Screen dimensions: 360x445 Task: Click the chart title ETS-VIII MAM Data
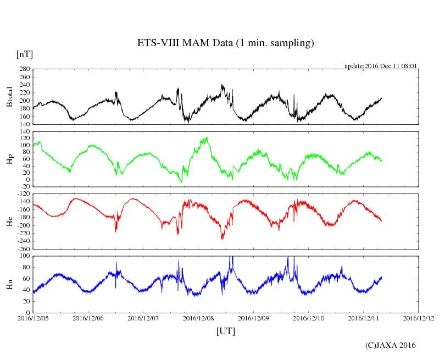tap(225, 43)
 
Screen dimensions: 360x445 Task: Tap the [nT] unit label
tap(25, 54)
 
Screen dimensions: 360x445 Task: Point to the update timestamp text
tap(381, 66)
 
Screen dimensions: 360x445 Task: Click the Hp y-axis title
tap(9, 159)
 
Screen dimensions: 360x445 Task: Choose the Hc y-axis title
tap(9, 221)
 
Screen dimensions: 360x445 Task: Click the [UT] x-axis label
tap(226, 331)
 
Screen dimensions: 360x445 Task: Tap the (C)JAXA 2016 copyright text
tap(391, 345)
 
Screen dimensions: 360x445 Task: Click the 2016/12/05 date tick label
tap(33, 318)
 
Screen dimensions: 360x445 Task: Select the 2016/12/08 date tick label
tap(198, 318)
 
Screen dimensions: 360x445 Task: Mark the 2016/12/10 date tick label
tap(308, 318)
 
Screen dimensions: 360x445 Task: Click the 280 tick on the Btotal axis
tap(24, 69)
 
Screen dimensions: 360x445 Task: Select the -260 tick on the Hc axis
tap(23, 249)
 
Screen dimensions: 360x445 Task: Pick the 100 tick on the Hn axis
tap(24, 256)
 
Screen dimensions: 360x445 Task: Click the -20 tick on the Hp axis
tap(24, 186)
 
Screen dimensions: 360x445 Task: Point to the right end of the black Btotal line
tap(381, 98)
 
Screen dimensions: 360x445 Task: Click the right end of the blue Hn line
tap(381, 277)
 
